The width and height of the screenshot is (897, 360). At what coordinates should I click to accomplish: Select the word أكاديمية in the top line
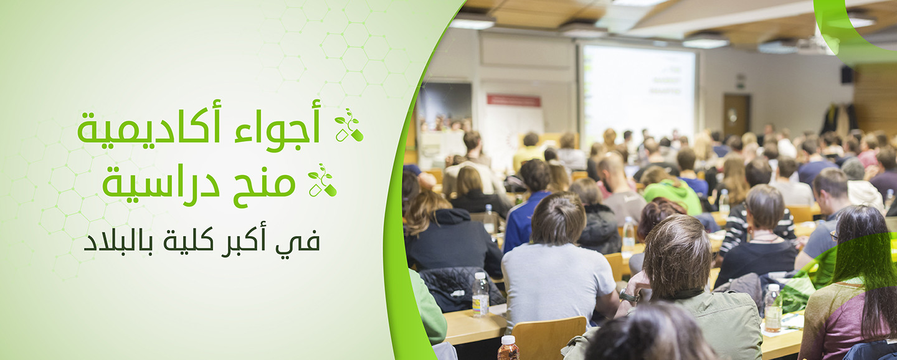click(149, 127)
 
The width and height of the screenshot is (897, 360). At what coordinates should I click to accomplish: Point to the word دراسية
click(161, 184)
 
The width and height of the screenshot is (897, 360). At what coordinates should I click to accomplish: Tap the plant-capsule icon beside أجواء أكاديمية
click(349, 125)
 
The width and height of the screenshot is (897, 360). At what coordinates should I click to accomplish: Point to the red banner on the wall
click(513, 100)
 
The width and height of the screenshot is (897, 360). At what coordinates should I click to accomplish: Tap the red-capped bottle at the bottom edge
click(508, 348)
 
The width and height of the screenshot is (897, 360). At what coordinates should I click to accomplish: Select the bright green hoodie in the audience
click(673, 194)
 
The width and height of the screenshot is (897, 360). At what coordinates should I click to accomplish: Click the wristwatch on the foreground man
click(629, 296)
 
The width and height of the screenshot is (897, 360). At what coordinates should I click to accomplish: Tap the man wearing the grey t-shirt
click(558, 264)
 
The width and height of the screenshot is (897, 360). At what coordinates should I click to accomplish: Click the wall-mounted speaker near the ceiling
click(847, 75)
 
